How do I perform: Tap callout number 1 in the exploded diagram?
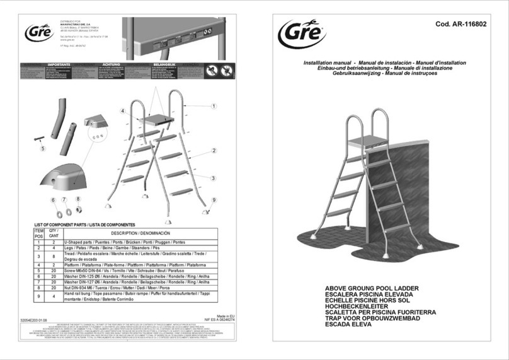click(214, 107)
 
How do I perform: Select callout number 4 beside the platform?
click(123, 111)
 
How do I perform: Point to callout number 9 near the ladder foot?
click(214, 200)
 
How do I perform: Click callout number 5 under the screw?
click(43, 149)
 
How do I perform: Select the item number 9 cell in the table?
click(38, 297)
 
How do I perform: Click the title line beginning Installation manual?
click(384, 63)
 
